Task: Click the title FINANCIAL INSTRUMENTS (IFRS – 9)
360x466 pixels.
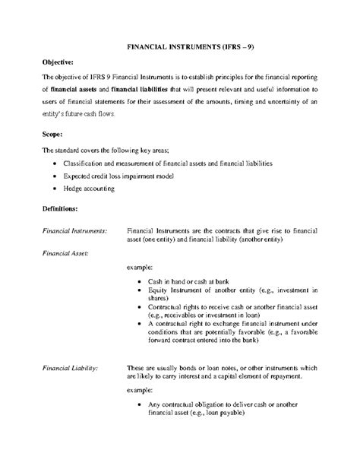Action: tap(179, 47)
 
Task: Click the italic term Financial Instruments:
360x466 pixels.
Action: tap(73, 230)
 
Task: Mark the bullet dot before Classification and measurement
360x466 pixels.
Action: tap(53, 163)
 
